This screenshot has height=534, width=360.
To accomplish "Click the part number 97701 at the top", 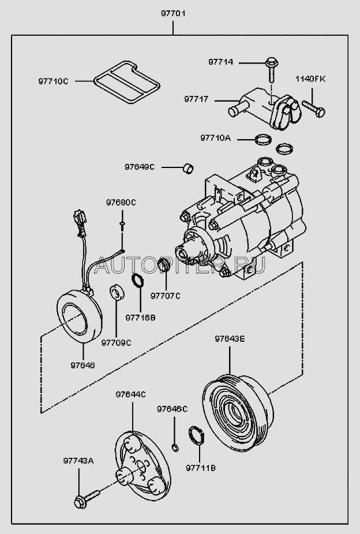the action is pyautogui.click(x=173, y=14).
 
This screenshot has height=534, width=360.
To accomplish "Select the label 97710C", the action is pyautogui.click(x=53, y=81).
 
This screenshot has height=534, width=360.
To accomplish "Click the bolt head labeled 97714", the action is pyautogui.click(x=271, y=62).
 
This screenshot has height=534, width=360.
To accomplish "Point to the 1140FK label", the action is pyautogui.click(x=310, y=79).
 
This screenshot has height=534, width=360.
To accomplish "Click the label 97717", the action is pyautogui.click(x=196, y=99).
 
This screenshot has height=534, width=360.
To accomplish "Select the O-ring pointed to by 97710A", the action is pyautogui.click(x=263, y=139).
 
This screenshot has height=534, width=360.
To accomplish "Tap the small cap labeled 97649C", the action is pyautogui.click(x=188, y=168).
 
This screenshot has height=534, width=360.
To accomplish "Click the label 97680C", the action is pyautogui.click(x=121, y=203).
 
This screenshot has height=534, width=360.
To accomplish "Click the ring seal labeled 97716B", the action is pyautogui.click(x=138, y=280).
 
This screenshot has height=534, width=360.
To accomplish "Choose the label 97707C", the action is pyautogui.click(x=166, y=296).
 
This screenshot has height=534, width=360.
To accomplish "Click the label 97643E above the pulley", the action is pyautogui.click(x=230, y=339).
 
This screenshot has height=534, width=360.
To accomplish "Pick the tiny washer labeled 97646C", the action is pyautogui.click(x=175, y=447).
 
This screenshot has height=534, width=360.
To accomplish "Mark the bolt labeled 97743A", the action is pyautogui.click(x=87, y=499).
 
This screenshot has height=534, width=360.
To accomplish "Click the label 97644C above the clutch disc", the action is pyautogui.click(x=130, y=394).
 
